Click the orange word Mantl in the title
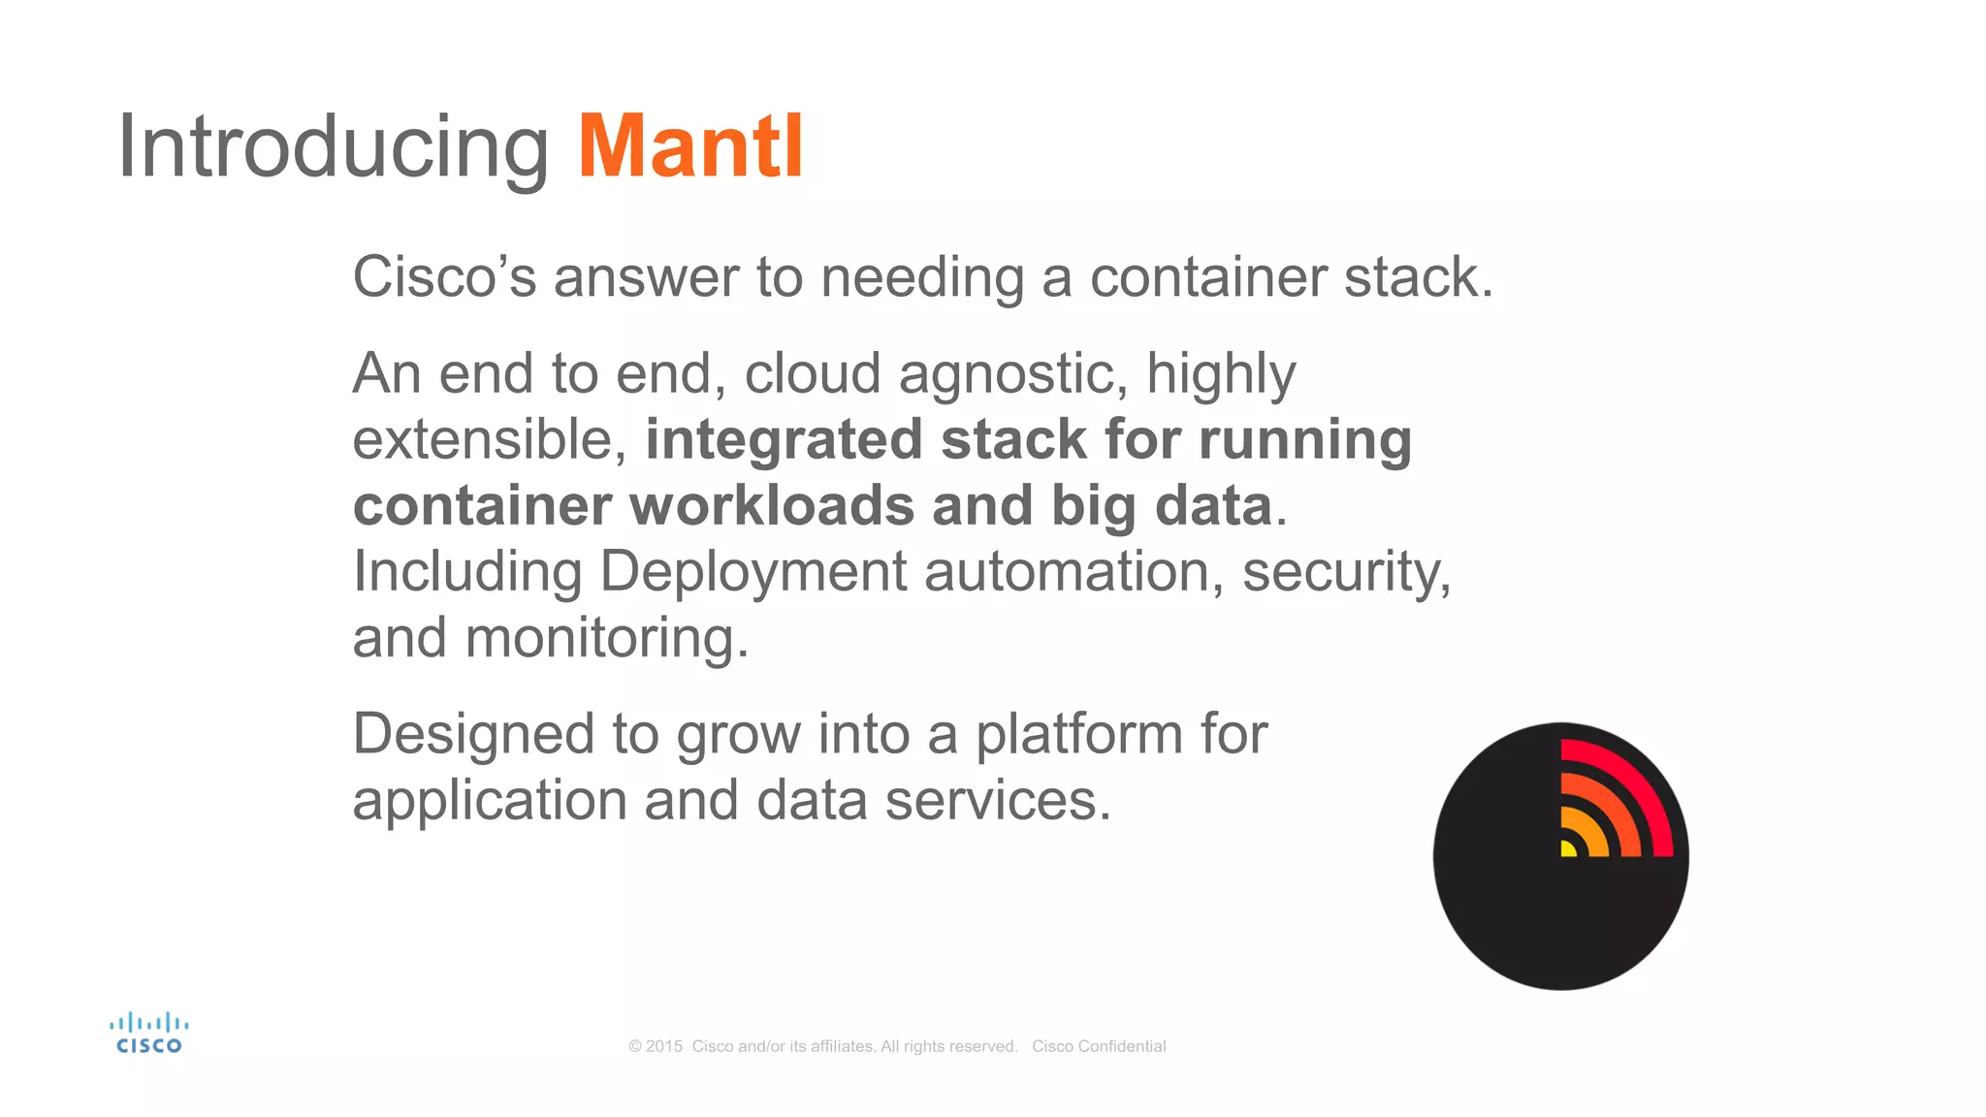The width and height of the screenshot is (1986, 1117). (x=690, y=147)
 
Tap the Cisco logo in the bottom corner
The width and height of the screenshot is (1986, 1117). (x=148, y=1034)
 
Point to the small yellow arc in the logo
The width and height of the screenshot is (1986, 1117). (x=1568, y=848)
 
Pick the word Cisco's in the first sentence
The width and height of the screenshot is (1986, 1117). (x=444, y=277)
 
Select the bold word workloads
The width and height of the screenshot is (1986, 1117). (x=772, y=505)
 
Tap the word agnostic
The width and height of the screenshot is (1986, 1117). (x=1012, y=374)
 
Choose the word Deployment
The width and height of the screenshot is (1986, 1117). (x=753, y=571)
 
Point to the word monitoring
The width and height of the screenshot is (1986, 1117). (x=606, y=638)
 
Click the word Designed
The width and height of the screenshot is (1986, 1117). (x=473, y=734)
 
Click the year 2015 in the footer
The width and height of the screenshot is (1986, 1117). (x=664, y=1046)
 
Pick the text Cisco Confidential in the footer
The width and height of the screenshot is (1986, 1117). (x=1099, y=1046)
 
